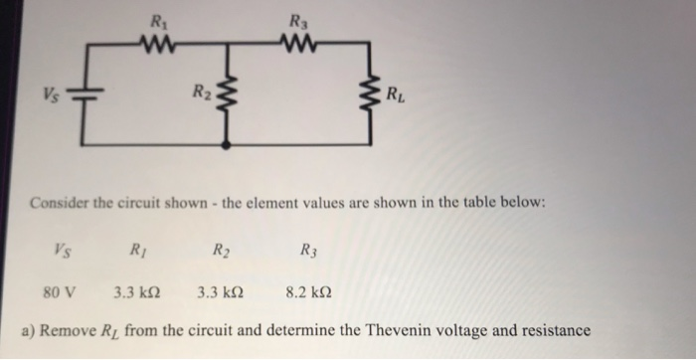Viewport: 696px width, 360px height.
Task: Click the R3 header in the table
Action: pos(309,251)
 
